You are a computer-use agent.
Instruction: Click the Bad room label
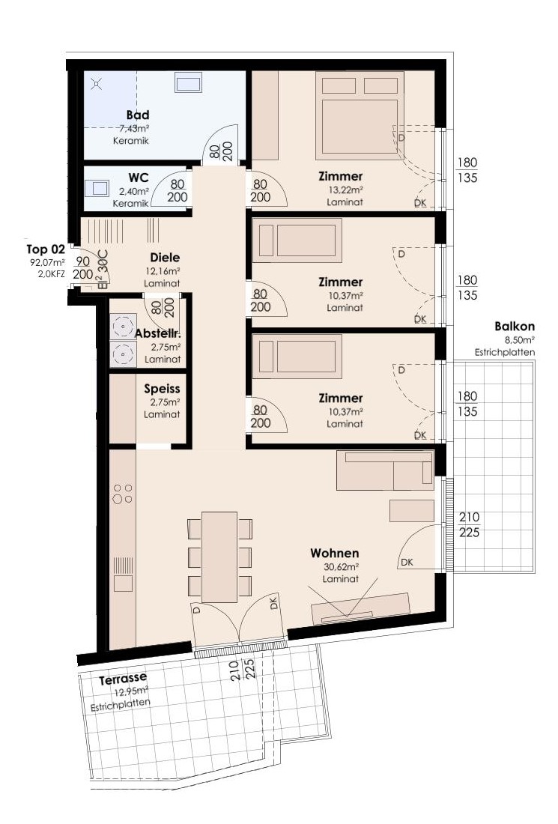point(138,115)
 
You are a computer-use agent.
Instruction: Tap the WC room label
point(138,178)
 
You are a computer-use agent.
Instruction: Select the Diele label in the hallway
point(165,258)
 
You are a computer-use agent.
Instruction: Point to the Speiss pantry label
point(162,389)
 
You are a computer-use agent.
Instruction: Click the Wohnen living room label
point(335,553)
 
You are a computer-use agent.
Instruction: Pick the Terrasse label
point(123,679)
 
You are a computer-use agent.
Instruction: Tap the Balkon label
point(515,327)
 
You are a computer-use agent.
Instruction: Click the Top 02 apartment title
point(46,249)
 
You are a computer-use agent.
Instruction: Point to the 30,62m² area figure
point(341,567)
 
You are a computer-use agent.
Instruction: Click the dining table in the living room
point(219,557)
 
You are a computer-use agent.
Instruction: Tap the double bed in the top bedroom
point(360,115)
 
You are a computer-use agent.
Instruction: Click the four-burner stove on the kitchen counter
point(122,494)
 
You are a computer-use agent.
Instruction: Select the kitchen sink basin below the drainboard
point(123,584)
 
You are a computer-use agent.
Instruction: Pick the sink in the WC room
point(97,188)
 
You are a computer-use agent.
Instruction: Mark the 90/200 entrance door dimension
point(83,268)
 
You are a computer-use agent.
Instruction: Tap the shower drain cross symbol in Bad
point(96,83)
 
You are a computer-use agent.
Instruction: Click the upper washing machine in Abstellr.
point(123,327)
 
